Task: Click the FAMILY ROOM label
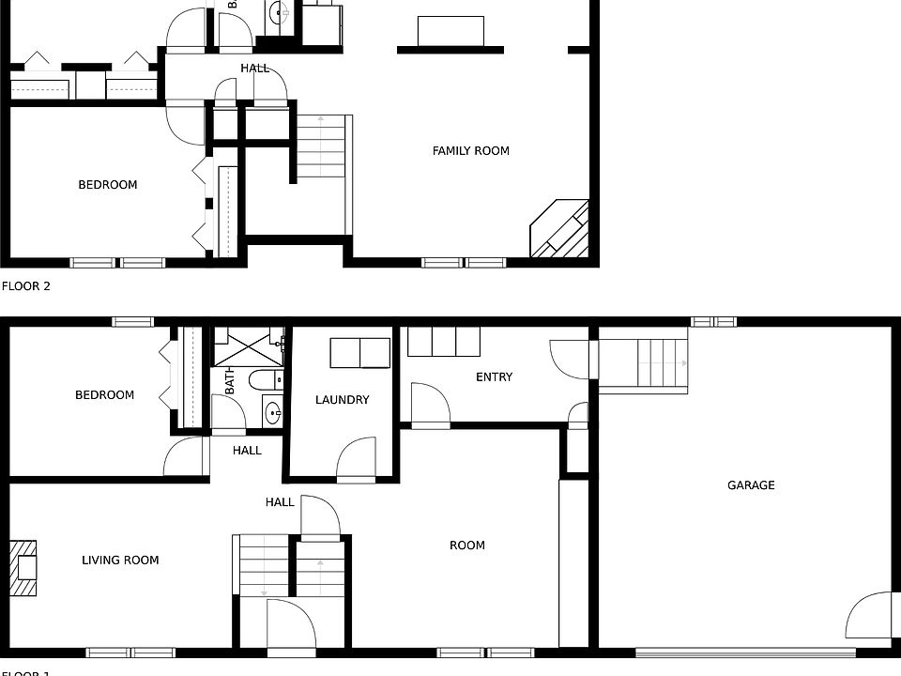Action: coord(470,150)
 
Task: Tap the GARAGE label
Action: coord(751,485)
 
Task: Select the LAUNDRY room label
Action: coord(342,400)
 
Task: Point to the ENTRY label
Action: coord(494,377)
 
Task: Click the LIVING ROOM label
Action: coord(120,561)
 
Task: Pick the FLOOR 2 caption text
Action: coord(26,286)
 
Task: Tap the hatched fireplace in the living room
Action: coord(25,568)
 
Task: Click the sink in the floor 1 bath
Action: coord(273,410)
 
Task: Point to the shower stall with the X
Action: coord(248,347)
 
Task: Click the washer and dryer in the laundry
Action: coord(360,353)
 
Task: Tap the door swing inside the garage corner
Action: coord(869,616)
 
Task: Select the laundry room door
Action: coord(357,460)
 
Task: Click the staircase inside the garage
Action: coord(644,364)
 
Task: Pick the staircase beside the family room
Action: coord(321,146)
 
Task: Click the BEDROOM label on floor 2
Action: coord(107,185)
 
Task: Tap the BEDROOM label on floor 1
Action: coord(104,395)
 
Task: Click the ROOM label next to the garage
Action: coord(466,545)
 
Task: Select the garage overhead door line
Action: coord(745,653)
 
